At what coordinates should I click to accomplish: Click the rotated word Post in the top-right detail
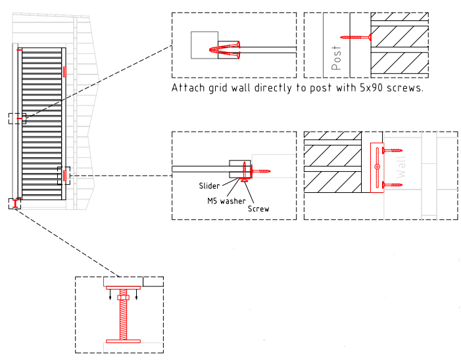tap(337, 57)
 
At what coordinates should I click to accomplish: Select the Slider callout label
tap(209, 186)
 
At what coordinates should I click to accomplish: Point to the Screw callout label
tap(258, 209)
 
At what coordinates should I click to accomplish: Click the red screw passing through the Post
tap(356, 37)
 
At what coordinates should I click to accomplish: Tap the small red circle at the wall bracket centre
tap(377, 167)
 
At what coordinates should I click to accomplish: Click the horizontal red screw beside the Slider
tap(259, 171)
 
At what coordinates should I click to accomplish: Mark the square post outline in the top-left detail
tap(203, 45)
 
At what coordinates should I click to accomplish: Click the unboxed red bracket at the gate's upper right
tap(65, 71)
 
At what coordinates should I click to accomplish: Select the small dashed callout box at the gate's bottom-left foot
tap(14, 203)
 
